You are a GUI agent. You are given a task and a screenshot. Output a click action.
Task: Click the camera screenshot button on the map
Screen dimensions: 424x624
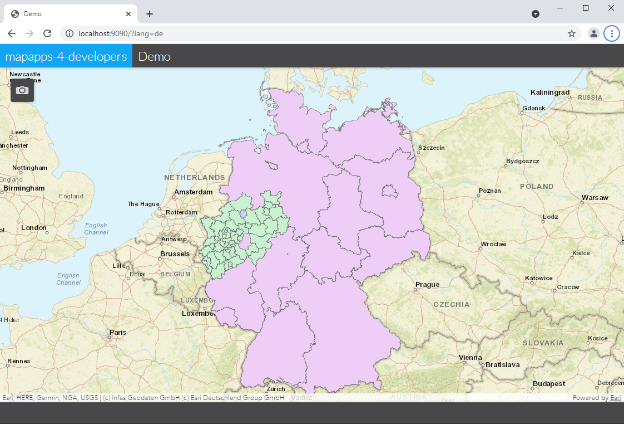[22, 90]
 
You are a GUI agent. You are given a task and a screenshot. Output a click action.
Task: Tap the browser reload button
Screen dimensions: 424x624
[47, 33]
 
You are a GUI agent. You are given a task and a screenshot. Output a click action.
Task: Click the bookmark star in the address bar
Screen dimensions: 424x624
[571, 33]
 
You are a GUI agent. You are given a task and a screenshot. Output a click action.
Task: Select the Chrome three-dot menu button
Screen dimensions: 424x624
[612, 33]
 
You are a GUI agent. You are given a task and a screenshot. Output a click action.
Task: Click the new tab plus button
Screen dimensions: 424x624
[149, 14]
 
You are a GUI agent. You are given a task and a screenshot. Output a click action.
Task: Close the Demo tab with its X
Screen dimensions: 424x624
[128, 14]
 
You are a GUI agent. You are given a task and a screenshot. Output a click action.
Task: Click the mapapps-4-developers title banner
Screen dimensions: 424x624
[66, 56]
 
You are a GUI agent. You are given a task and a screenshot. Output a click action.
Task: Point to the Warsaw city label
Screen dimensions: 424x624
[595, 198]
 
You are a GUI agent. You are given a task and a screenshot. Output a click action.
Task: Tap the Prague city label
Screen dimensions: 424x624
[427, 285]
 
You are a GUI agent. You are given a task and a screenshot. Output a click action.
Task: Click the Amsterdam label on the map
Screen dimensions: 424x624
[193, 192]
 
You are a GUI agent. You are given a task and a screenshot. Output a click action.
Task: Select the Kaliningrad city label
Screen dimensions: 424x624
[550, 92]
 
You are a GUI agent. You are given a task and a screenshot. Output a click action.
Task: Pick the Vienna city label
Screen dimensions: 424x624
[470, 358]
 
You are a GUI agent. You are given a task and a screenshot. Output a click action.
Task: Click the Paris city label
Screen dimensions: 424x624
[118, 333]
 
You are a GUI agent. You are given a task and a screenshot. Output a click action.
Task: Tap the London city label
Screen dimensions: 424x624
[34, 227]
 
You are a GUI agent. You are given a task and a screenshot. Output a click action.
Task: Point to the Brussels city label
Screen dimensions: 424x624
[175, 254]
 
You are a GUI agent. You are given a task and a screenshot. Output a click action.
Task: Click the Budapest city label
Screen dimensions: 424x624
[549, 384]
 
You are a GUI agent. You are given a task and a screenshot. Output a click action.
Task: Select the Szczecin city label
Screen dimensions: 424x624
[432, 148]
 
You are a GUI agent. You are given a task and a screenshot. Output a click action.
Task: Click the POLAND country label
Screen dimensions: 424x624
[537, 186]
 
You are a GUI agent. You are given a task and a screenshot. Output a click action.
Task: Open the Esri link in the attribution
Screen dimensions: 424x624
[615, 398]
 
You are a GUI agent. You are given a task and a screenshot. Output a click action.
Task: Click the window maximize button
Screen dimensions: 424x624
[586, 8]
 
